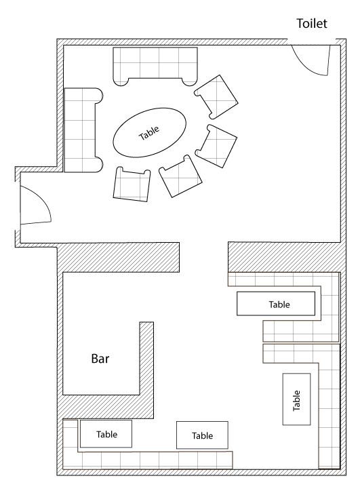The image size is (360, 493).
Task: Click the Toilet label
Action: pyautogui.click(x=312, y=23)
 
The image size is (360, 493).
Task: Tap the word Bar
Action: pyautogui.click(x=100, y=359)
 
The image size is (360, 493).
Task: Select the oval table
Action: pyautogui.click(x=150, y=132)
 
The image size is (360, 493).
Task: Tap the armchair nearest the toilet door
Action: pyautogui.click(x=216, y=97)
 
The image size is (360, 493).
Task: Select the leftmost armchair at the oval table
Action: pyautogui.click(x=132, y=184)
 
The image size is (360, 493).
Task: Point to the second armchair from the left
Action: pyautogui.click(x=180, y=176)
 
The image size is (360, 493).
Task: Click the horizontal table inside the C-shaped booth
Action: pyautogui.click(x=276, y=303)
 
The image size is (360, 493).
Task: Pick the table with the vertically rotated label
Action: pyautogui.click(x=296, y=399)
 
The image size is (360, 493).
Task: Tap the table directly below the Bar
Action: pyautogui.click(x=106, y=433)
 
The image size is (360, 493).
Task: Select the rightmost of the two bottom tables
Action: pyautogui.click(x=202, y=435)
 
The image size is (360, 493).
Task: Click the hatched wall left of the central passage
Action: pyautogui.click(x=118, y=257)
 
